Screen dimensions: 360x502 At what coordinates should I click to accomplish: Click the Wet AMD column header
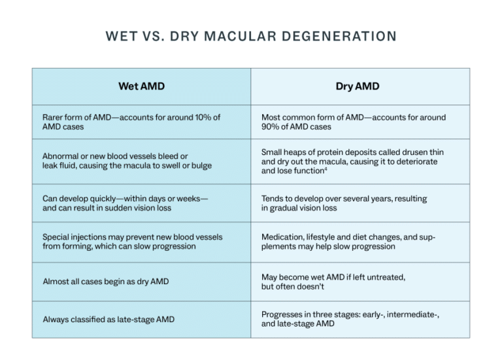[x=141, y=86]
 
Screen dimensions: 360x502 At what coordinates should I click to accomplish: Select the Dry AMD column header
[x=357, y=86]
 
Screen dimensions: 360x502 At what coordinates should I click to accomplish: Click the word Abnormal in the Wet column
[x=64, y=156]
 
